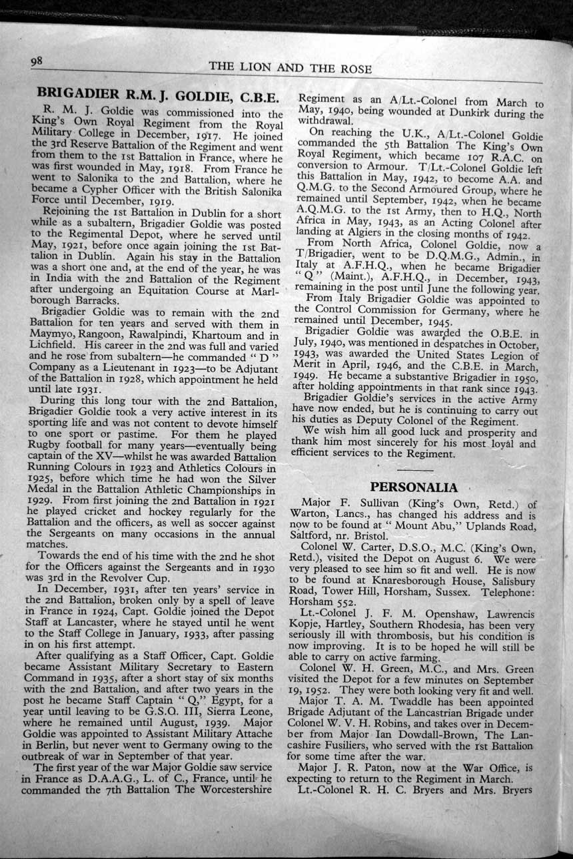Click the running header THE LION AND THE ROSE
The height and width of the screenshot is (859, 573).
(x=290, y=68)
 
